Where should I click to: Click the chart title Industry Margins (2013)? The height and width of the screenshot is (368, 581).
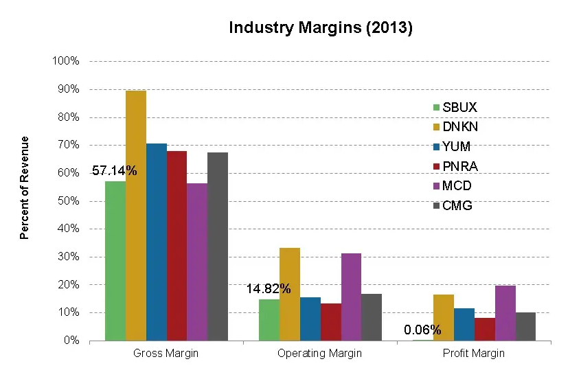[x=320, y=28]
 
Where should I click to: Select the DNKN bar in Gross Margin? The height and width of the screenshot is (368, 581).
[x=136, y=216]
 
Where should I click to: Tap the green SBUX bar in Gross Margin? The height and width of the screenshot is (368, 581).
[x=115, y=261]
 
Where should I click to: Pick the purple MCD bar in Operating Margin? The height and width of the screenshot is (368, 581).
[x=351, y=297]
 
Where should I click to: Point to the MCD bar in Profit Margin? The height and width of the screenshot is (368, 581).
[x=505, y=313]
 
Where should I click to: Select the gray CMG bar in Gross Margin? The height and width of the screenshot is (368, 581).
[x=218, y=246]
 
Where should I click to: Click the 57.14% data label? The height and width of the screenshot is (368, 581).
[x=114, y=171]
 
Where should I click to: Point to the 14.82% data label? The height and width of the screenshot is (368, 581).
[x=269, y=289]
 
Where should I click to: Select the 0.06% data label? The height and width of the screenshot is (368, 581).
[x=423, y=330]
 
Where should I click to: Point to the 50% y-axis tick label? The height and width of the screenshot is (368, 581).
[x=69, y=201]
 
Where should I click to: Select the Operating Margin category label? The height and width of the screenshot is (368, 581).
[x=319, y=354]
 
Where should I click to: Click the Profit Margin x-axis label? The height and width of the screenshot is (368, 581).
[x=474, y=354]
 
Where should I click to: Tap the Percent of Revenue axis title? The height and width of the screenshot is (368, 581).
[x=25, y=187]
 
